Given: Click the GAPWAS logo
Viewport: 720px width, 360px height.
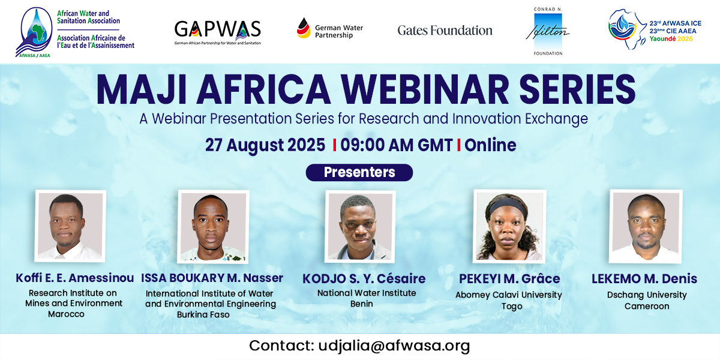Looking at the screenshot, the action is [x=218, y=32].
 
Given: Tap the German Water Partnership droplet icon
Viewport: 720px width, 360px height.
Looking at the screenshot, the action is [x=304, y=28].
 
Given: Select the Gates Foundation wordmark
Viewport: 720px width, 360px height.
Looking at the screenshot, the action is [x=445, y=31].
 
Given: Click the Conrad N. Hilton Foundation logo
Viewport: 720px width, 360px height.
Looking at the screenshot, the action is [x=548, y=31].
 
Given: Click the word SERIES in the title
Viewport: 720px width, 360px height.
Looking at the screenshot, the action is [x=577, y=89].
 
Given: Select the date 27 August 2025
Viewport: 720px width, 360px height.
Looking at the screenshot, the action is [x=265, y=145].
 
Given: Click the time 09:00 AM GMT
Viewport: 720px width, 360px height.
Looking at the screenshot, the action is [x=397, y=145].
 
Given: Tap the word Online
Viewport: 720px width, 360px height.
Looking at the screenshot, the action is [x=490, y=145].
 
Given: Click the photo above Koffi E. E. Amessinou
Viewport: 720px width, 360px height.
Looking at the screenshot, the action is [x=70, y=226].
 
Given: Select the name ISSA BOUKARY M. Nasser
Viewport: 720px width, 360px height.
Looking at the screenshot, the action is [x=212, y=278].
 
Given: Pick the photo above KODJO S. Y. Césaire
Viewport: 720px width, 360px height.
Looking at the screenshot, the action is [x=360, y=227].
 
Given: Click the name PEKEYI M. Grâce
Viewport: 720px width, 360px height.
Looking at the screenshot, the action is [x=509, y=278].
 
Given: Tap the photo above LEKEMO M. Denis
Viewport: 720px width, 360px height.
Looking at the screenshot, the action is [x=646, y=226].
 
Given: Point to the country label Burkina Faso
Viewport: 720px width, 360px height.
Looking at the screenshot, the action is [x=203, y=314].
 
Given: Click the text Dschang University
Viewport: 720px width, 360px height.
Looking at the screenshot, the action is [x=647, y=295].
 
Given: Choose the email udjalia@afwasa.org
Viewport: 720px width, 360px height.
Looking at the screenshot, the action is [x=394, y=346].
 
